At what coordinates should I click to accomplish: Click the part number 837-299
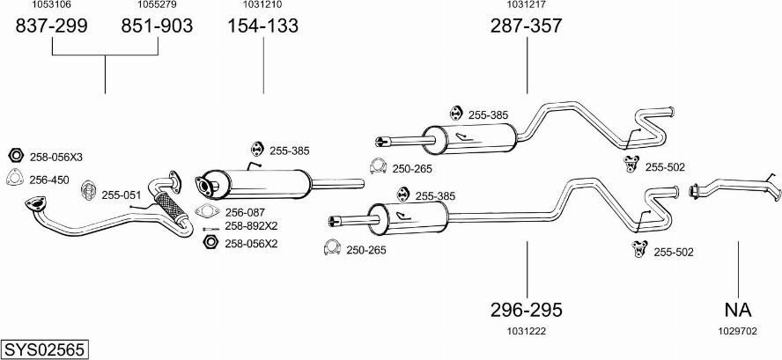tap(52, 26)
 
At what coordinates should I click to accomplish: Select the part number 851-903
tap(157, 26)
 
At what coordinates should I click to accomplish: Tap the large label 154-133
tap(263, 26)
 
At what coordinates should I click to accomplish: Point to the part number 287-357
tap(526, 26)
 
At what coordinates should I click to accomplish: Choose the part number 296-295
tap(526, 310)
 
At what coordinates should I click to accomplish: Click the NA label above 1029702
tap(738, 310)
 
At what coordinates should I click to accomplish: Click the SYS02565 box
tap(44, 349)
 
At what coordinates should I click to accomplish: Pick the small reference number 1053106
tap(52, 5)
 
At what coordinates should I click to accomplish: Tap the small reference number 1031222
tap(526, 331)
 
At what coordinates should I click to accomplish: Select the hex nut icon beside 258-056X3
tap(15, 156)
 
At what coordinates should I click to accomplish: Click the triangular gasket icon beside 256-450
tap(15, 180)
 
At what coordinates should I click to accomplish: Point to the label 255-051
tap(121, 195)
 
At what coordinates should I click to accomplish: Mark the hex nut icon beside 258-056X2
tap(210, 243)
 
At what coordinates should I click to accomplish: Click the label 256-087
tap(245, 211)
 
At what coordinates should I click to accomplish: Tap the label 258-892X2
tap(251, 226)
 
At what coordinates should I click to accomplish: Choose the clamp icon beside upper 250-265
tap(378, 167)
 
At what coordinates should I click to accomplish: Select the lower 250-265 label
tap(367, 251)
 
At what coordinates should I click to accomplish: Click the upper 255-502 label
tap(665, 167)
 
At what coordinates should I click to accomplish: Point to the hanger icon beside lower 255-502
tap(638, 250)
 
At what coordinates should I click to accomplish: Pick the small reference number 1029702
tap(738, 331)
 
